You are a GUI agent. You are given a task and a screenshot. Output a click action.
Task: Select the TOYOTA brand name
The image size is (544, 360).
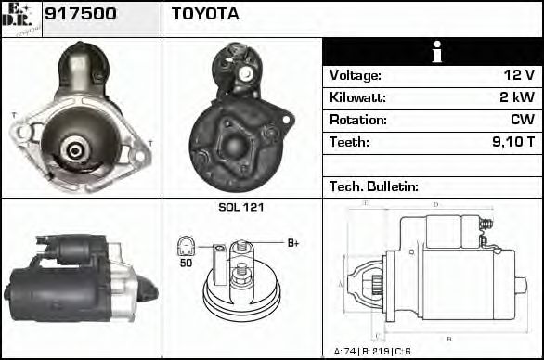[205, 14]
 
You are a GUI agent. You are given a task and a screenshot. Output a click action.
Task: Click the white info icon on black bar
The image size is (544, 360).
[432, 52]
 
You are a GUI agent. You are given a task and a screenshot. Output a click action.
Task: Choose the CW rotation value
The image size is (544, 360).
[523, 121]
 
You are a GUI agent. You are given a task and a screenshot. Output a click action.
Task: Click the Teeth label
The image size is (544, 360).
[349, 143]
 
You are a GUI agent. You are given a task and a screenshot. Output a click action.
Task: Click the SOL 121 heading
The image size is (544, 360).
[240, 207]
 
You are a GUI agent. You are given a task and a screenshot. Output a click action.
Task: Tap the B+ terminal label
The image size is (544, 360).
[293, 243]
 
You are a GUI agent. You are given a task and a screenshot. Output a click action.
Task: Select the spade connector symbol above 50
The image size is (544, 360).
[186, 246]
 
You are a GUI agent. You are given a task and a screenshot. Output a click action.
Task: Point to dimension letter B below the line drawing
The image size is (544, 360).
[448, 339]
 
